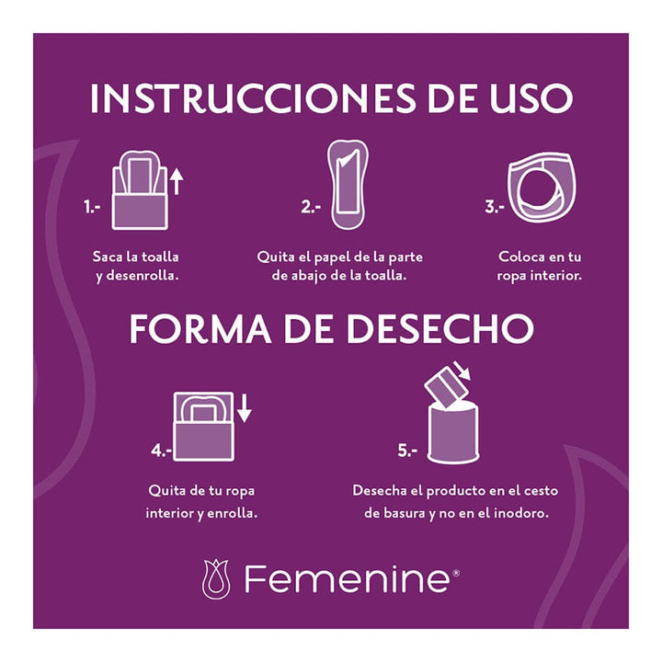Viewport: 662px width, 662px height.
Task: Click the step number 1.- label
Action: point(91,208)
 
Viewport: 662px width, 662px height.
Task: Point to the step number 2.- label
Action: point(311,208)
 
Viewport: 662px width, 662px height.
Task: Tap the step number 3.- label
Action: point(495,208)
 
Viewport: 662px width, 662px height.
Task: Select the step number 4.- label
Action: point(162,451)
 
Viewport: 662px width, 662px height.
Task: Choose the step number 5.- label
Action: point(407,451)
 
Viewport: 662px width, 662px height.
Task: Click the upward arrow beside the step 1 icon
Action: point(177,180)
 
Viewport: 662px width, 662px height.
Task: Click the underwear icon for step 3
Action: point(540,190)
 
